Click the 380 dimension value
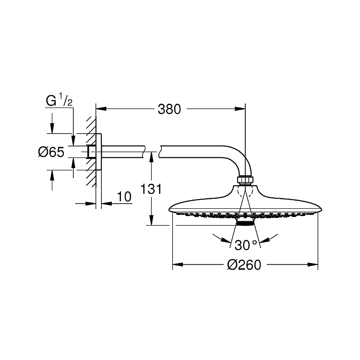click(x=169, y=109)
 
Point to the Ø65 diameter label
click(x=51, y=153)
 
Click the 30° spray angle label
click(x=246, y=245)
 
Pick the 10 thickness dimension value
click(x=124, y=197)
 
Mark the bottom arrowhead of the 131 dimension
click(x=151, y=221)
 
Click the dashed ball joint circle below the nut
click(x=245, y=192)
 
